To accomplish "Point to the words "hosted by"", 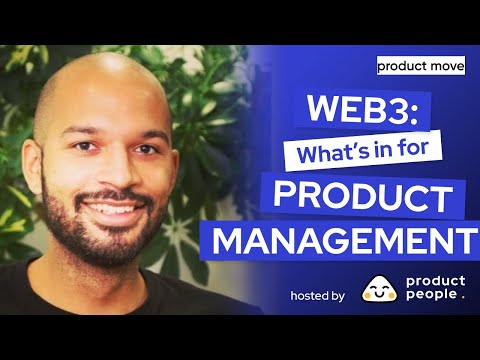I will click(317, 296).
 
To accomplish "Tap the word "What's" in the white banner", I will click(300, 152).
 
